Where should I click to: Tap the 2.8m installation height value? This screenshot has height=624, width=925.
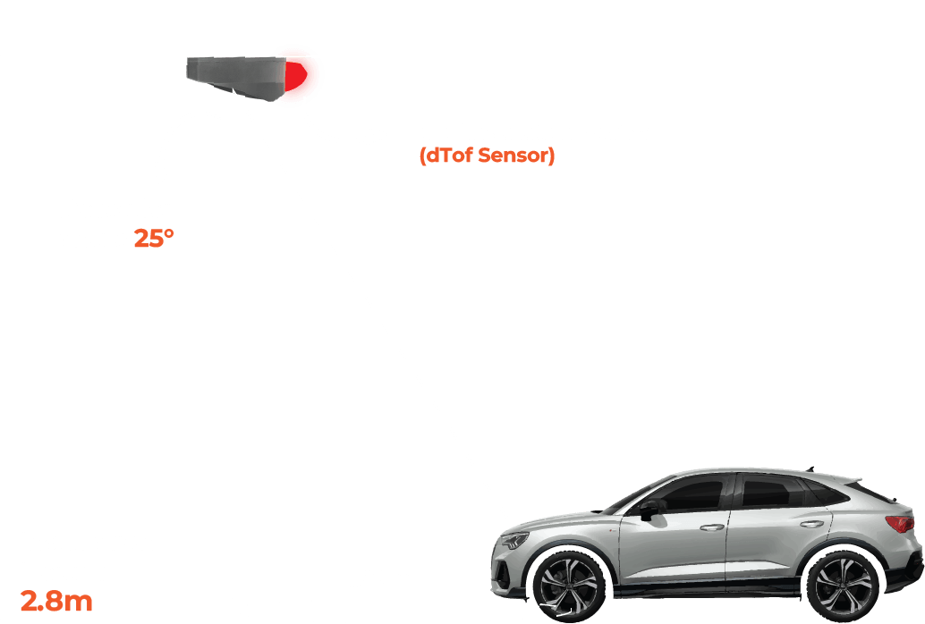point(57,601)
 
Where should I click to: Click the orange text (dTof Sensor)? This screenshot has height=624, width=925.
point(487,156)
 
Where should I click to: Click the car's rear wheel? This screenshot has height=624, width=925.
point(842,586)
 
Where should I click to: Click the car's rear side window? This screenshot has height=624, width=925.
point(778,492)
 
